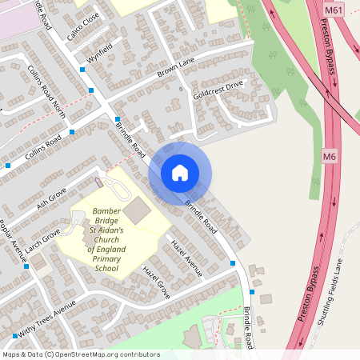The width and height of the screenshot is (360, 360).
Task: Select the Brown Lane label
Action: (x=177, y=72)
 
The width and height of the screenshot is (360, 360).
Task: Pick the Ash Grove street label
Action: (x=51, y=197)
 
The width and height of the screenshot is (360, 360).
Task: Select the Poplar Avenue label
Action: (x=12, y=239)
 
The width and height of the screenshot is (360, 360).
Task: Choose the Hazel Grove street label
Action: (x=156, y=282)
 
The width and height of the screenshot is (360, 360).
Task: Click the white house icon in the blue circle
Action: (x=180, y=173)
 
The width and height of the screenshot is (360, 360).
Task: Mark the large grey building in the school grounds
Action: (x=137, y=210)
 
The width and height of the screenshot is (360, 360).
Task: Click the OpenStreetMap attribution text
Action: (x=81, y=354)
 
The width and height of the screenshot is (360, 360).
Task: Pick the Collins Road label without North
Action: (x=43, y=146)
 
